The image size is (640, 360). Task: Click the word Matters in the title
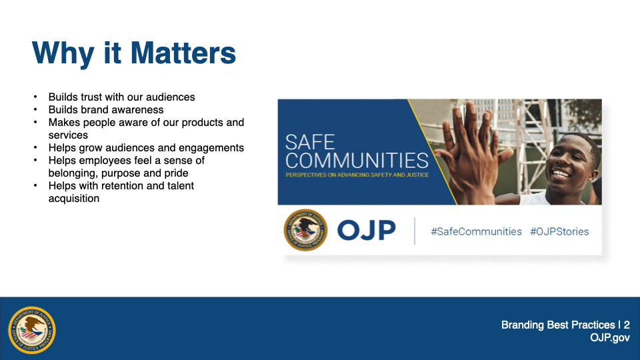[183, 53]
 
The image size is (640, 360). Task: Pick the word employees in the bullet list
[103, 161]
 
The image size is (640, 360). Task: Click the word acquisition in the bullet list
[74, 199]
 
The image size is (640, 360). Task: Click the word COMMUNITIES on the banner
[357, 161]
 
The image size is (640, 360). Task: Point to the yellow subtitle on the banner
[357, 175]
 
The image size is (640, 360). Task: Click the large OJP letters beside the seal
[367, 230]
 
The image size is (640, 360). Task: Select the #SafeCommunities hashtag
[476, 231]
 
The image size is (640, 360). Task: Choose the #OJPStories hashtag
[559, 231]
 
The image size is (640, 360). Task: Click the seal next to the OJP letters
[306, 230]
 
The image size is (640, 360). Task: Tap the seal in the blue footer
[32, 330]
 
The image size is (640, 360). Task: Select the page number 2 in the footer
[627, 325]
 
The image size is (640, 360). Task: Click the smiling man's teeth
[561, 174]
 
